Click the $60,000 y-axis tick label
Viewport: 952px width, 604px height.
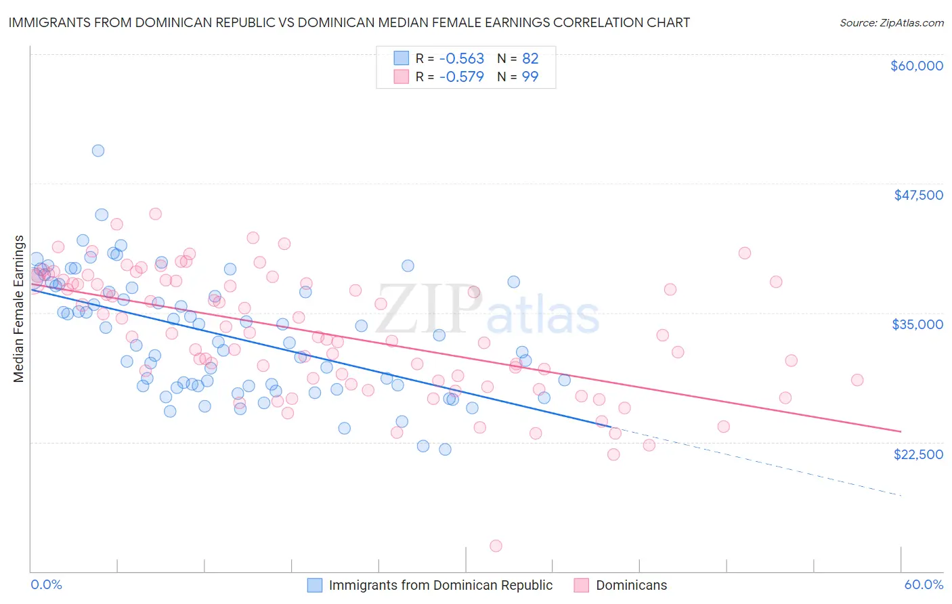click(916, 66)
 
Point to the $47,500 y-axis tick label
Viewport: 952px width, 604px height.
click(918, 195)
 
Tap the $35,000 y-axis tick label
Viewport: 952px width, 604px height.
click(917, 324)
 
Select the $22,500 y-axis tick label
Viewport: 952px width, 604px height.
click(918, 454)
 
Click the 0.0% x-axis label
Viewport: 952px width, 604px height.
click(46, 585)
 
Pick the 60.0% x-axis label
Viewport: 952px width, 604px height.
click(924, 585)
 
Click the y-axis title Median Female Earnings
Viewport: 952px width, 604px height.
click(19, 309)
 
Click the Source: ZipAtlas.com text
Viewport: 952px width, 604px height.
click(891, 22)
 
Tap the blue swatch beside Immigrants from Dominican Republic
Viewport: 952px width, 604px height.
click(315, 585)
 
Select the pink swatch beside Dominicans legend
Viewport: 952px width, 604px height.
click(582, 585)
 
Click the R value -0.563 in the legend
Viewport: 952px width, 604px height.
click(462, 59)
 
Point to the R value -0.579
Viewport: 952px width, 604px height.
click(462, 77)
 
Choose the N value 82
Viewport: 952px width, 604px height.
click(530, 59)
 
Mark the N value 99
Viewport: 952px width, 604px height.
click(530, 77)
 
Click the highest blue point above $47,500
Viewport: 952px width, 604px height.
click(98, 151)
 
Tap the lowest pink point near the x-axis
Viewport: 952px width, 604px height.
click(496, 546)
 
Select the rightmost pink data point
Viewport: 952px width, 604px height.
click(857, 380)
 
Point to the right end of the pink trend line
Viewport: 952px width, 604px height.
click(901, 431)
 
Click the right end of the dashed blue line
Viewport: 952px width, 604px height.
click(901, 496)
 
